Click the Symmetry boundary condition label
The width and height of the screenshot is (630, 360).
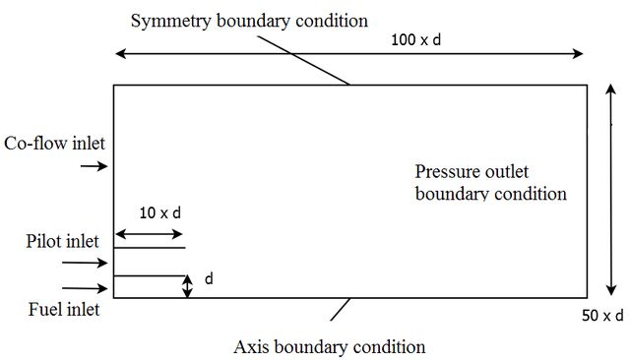pos(249,21)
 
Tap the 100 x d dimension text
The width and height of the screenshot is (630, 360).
pos(415,39)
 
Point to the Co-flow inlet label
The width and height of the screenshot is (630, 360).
pos(54,144)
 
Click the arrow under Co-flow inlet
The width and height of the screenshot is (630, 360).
pos(94,166)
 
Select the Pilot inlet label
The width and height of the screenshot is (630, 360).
pos(62,241)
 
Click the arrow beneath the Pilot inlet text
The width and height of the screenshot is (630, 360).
pos(85,263)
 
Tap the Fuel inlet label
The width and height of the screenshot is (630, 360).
pos(64,310)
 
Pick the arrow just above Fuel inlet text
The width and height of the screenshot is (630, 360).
pos(85,288)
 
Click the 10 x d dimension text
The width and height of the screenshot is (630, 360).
pos(160,212)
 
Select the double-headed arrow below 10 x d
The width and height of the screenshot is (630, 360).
pos(149,234)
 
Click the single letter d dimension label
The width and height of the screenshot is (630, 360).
pos(209,278)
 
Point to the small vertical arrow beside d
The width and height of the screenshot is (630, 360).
pos(187,286)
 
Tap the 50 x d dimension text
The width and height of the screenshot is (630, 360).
pos(602,316)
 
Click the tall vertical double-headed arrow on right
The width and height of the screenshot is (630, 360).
pos(611,190)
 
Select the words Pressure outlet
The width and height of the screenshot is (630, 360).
pos(472,172)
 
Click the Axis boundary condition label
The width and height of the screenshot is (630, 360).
pos(330,347)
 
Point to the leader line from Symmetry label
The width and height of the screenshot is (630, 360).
pos(303,60)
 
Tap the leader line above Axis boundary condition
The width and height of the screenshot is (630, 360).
pos(340,310)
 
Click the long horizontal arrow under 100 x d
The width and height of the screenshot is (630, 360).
pos(349,53)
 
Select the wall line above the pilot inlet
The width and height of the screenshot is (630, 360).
pos(150,248)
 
